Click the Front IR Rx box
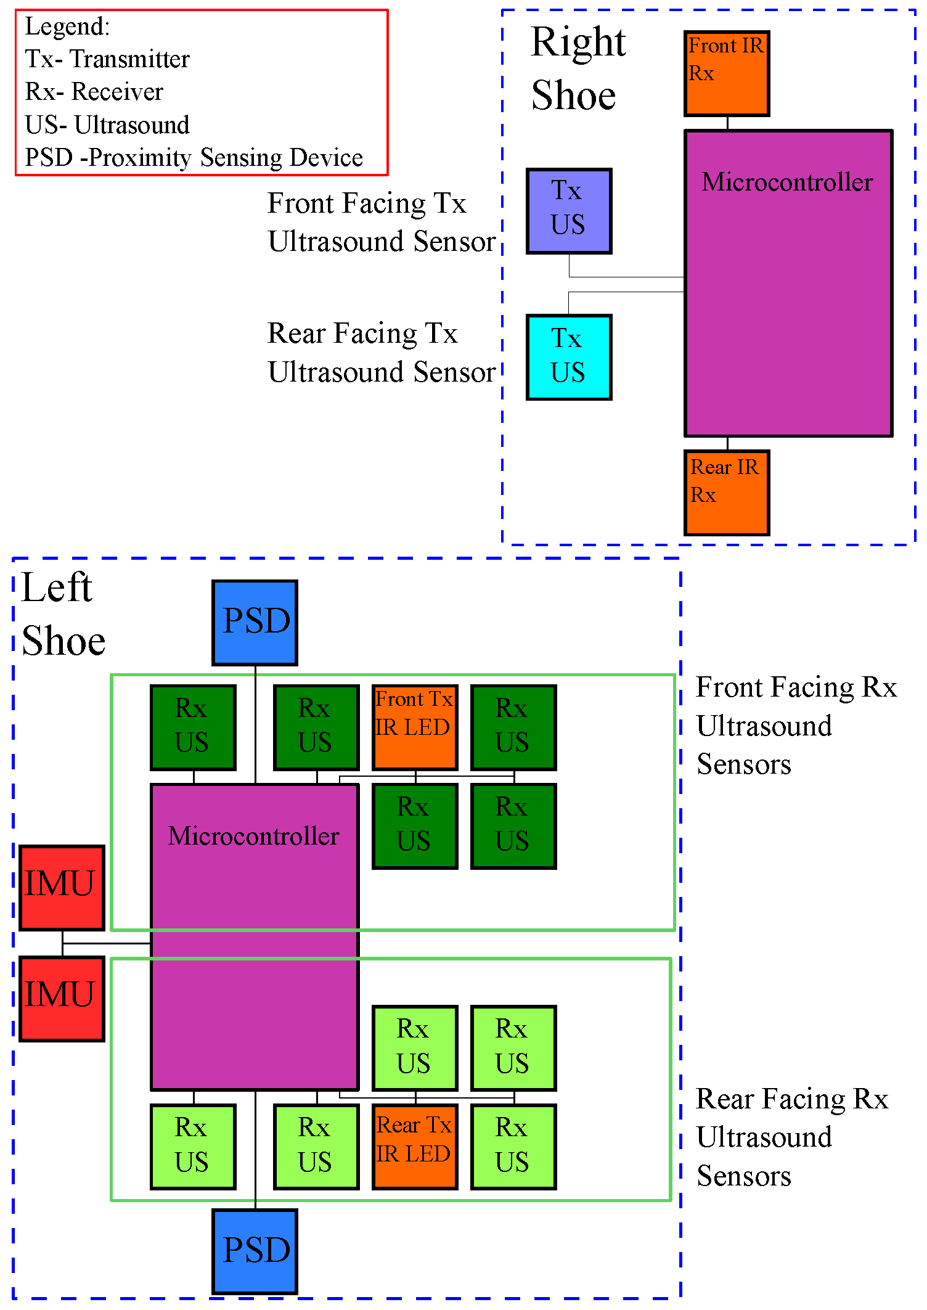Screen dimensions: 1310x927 [x=727, y=73]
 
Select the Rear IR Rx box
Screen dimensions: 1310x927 [x=727, y=493]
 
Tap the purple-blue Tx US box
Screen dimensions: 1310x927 [x=569, y=211]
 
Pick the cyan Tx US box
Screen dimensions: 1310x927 [x=569, y=357]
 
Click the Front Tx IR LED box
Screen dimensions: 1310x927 [x=415, y=727]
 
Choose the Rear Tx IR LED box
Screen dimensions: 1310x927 [x=415, y=1146]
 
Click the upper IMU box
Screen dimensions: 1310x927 [x=62, y=887]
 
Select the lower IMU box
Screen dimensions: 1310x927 [x=62, y=998]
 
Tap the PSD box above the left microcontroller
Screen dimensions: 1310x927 [x=255, y=622]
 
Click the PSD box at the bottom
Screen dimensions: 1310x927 [x=255, y=1251]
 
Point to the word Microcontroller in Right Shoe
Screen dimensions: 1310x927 [x=787, y=182]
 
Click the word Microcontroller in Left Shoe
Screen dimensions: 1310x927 [x=253, y=837]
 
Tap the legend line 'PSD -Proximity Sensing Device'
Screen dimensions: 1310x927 [x=194, y=158]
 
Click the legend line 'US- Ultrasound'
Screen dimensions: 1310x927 [x=107, y=125]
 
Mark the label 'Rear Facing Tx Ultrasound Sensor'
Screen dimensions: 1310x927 [x=381, y=353]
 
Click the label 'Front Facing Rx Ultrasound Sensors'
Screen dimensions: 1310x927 [x=795, y=726]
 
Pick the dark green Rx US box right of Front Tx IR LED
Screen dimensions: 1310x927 [x=513, y=727]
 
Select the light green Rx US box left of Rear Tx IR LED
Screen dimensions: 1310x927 [x=316, y=1146]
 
